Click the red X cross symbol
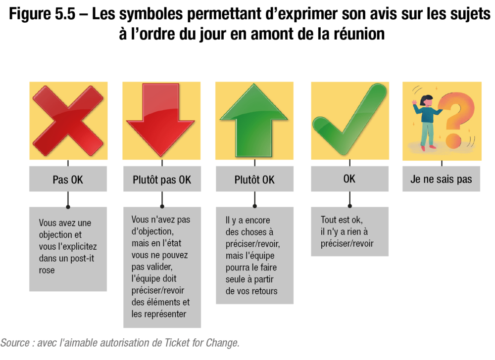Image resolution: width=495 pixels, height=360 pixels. pyautogui.click(x=68, y=121)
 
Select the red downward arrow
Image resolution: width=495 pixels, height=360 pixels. pyautogui.click(x=160, y=120)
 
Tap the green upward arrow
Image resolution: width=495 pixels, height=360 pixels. pyautogui.click(x=254, y=120)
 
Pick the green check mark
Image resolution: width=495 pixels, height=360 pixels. pyautogui.click(x=349, y=119)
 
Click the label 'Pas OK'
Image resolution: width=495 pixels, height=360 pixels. pyautogui.click(x=68, y=180)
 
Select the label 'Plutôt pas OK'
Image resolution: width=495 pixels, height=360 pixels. pyautogui.click(x=162, y=180)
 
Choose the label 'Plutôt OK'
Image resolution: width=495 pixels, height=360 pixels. pyautogui.click(x=254, y=180)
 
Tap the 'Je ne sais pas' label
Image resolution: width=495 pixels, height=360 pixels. pyautogui.click(x=441, y=179)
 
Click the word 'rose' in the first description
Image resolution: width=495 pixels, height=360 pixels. pyautogui.click(x=47, y=270)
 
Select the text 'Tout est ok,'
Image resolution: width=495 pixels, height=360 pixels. pyautogui.click(x=342, y=220)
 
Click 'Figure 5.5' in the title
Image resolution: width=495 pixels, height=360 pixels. pyautogui.click(x=42, y=14)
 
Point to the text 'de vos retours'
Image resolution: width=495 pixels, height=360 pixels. pyautogui.click(x=251, y=291)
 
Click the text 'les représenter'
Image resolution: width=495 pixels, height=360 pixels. pyautogui.click(x=159, y=314)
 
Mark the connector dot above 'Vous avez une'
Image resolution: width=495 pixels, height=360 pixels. pyautogui.click(x=68, y=207)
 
